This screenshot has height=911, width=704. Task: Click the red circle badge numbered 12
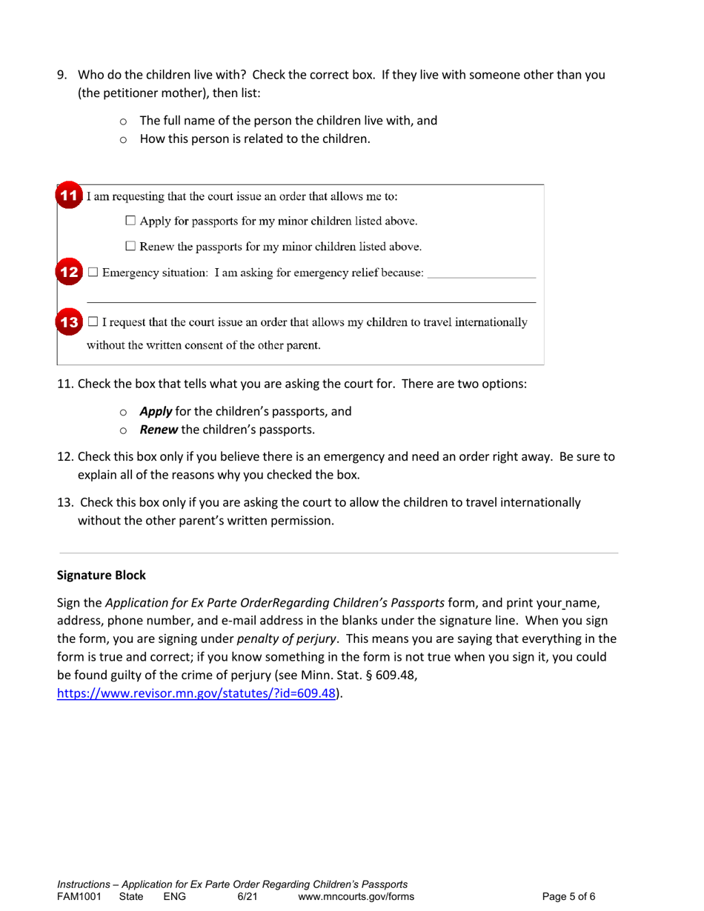tap(69, 273)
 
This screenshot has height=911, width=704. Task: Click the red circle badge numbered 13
tap(69, 322)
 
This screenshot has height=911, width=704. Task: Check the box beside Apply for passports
tap(130, 221)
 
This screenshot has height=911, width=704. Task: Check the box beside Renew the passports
tap(130, 246)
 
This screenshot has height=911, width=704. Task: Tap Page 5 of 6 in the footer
tap(568, 897)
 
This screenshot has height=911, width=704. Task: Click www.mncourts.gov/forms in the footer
tap(355, 897)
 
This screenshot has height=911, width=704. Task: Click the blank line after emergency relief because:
tap(482, 276)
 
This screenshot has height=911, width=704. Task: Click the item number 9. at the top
tap(63, 75)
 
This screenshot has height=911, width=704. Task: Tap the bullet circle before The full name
tap(123, 121)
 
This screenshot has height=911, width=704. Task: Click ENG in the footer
tap(174, 897)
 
